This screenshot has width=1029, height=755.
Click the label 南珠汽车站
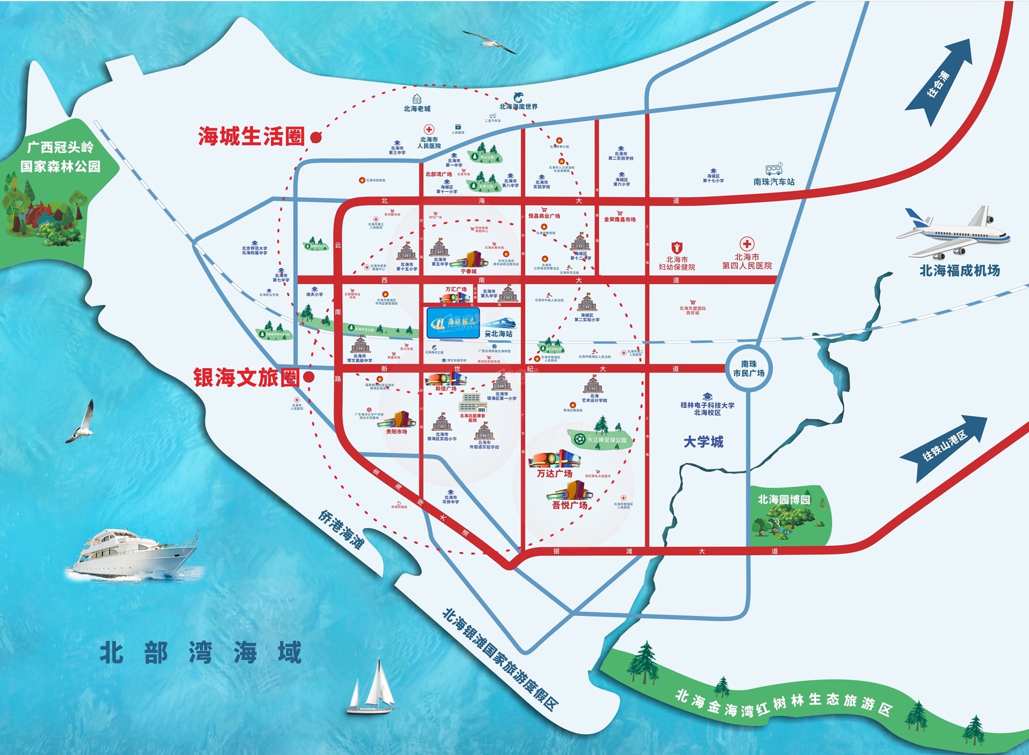click(774, 182)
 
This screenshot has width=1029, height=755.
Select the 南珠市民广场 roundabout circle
click(749, 369)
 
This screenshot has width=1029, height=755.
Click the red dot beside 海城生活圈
click(315, 138)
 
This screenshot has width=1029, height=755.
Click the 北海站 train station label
click(501, 334)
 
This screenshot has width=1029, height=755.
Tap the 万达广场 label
click(555, 473)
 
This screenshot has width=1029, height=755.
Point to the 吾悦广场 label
click(570, 505)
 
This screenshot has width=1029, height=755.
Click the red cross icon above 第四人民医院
click(747, 244)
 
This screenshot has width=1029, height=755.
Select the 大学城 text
click(703, 442)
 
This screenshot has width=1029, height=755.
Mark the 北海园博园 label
click(784, 499)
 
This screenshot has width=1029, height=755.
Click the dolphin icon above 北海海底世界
click(519, 97)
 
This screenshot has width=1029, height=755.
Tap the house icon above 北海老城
click(416, 99)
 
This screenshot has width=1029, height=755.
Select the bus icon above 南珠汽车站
click(774, 170)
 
